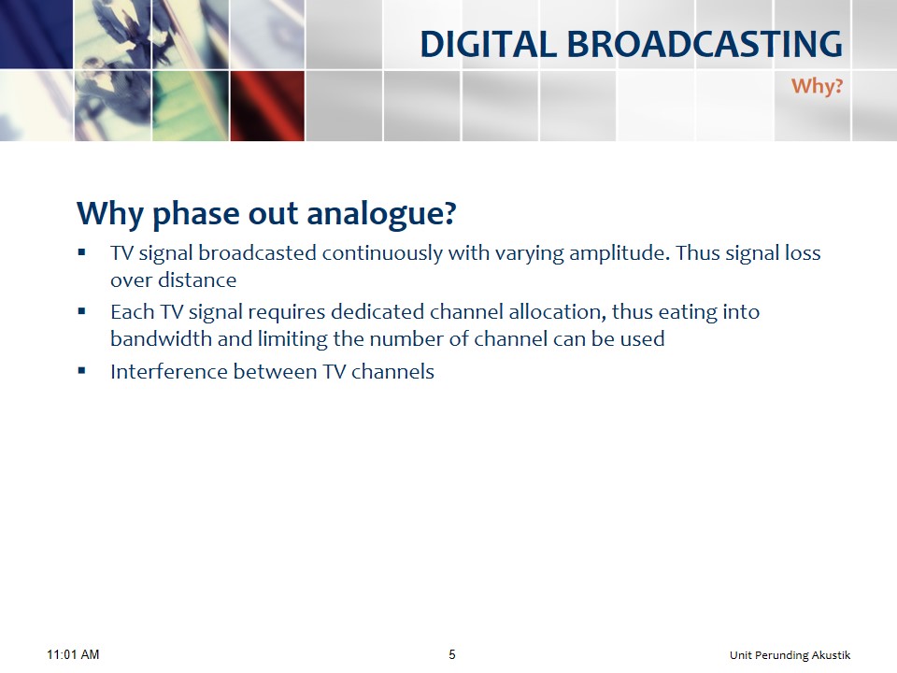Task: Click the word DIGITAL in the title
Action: pyautogui.click(x=489, y=44)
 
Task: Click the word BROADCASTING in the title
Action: pyautogui.click(x=705, y=44)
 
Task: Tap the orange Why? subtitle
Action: pyautogui.click(x=817, y=86)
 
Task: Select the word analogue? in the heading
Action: pyautogui.click(x=381, y=214)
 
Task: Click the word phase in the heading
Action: pyautogui.click(x=196, y=214)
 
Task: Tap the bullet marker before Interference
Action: pyautogui.click(x=82, y=371)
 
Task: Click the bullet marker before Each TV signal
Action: pyautogui.click(x=82, y=311)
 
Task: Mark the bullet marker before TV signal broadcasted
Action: pyautogui.click(x=82, y=251)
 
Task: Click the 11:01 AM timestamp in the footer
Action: pyautogui.click(x=73, y=654)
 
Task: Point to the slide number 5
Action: pyautogui.click(x=452, y=654)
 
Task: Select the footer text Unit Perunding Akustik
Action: pyautogui.click(x=790, y=655)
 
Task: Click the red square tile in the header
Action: pyautogui.click(x=267, y=106)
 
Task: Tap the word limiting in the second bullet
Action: pyautogui.click(x=292, y=338)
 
